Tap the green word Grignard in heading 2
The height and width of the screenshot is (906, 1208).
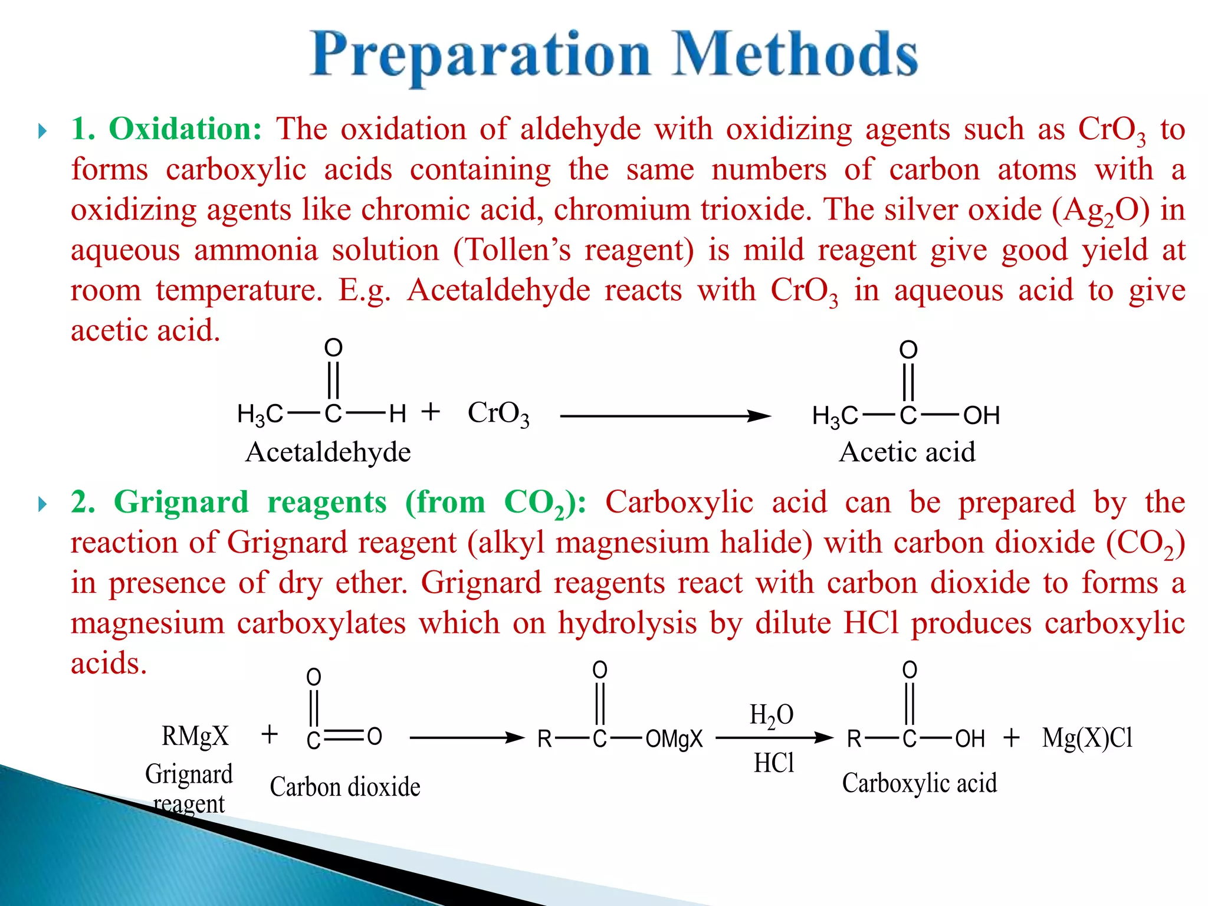(181, 503)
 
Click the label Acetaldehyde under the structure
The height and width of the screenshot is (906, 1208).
(328, 452)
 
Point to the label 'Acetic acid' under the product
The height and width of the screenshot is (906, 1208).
(907, 452)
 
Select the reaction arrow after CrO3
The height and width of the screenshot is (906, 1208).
(665, 416)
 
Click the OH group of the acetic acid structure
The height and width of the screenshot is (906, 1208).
(981, 416)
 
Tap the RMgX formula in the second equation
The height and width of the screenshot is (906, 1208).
(195, 736)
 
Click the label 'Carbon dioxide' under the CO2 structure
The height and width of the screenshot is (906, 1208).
(345, 787)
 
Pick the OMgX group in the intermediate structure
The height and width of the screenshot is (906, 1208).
(674, 738)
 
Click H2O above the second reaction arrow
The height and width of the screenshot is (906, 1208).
(772, 715)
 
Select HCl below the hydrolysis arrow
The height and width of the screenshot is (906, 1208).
(774, 763)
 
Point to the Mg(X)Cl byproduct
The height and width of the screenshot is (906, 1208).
(1087, 738)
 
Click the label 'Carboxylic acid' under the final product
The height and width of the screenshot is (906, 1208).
(919, 783)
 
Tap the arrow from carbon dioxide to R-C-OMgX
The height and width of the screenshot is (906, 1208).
(467, 738)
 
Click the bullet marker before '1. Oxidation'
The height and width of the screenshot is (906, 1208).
(42, 130)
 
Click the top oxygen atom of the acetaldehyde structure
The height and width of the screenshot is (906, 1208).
(333, 347)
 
